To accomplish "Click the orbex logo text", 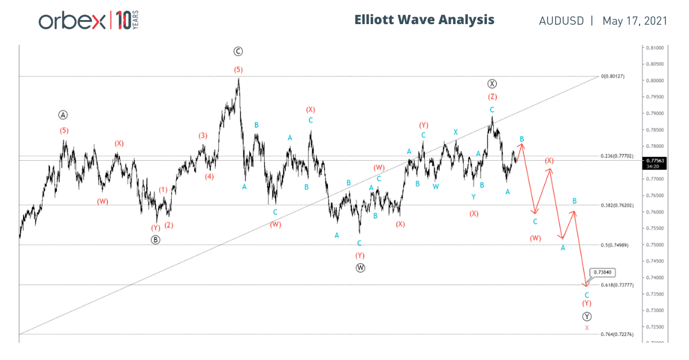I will tap(71, 21).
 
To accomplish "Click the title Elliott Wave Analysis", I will tap(424, 20).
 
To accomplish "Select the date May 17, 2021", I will tap(634, 21).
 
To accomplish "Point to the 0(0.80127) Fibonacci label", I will tap(613, 76).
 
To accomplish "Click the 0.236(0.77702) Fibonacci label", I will tap(617, 156).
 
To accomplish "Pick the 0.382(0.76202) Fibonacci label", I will tap(617, 205).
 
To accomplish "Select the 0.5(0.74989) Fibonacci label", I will tap(615, 245).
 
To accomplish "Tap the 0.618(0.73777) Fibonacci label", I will tap(617, 285).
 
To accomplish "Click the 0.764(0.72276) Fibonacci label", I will tap(617, 334).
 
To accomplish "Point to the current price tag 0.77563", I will tap(655, 161).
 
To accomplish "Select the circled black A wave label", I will tap(64, 115).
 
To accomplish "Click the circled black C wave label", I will tap(238, 52).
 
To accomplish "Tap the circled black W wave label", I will tap(360, 268).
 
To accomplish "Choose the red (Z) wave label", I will tap(492, 96).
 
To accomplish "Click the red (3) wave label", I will tap(203, 136).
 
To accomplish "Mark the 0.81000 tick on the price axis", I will tap(655, 48).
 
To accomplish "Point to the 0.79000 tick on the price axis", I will tap(655, 114).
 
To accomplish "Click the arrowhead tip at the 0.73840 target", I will tap(586, 286).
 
